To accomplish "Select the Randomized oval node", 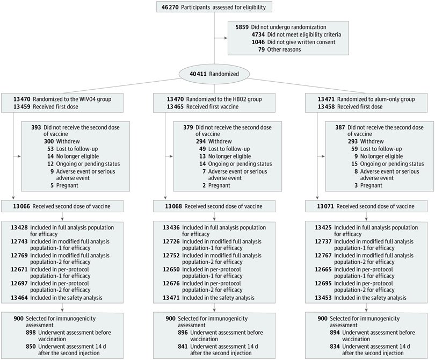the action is point(214,74).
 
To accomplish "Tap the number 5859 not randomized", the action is point(242,27).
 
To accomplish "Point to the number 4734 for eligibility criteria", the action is point(258,35).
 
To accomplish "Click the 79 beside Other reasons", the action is point(262,49).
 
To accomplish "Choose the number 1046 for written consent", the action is point(258,42).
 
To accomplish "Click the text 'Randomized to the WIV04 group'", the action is point(72,99).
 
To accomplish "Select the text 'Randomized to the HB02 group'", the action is point(224,99).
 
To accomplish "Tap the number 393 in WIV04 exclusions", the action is point(36,127).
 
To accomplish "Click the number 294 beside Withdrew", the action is point(200,141).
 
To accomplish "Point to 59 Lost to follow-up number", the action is point(354,149).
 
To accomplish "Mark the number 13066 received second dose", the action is point(21,206).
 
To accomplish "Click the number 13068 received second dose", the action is point(173,206).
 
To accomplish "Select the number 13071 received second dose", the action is point(325,206).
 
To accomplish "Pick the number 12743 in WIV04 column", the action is point(19,241).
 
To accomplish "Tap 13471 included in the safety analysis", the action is point(171,298).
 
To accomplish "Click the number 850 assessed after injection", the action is point(31,347).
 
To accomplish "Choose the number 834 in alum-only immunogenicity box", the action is point(335,347).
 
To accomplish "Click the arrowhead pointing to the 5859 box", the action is point(226,38).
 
